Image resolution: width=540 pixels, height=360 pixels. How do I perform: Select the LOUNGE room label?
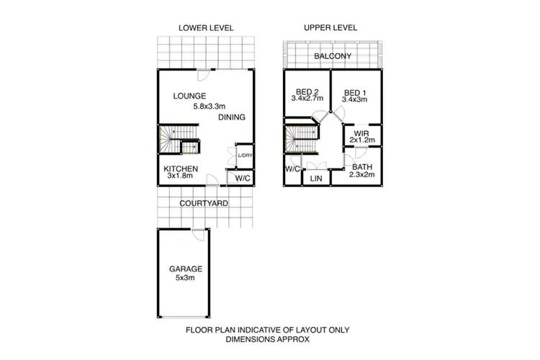(190, 96)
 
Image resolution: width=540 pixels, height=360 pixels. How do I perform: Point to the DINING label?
(232, 117)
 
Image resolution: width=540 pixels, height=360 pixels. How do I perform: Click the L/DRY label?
(245, 156)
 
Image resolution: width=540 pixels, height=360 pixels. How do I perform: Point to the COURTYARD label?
(204, 204)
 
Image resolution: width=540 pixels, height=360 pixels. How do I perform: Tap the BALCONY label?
(332, 56)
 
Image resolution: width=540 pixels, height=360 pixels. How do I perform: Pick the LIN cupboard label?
(315, 178)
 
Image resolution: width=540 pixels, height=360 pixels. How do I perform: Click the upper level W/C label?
(292, 168)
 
